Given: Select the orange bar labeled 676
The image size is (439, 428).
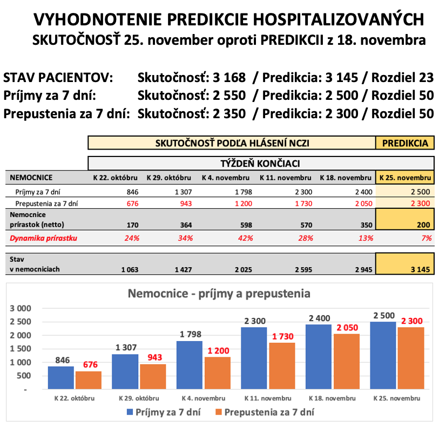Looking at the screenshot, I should point(88,380).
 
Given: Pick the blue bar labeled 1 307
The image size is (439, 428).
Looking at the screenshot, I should point(125,371).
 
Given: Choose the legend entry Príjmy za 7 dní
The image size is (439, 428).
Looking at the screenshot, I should point(167,412).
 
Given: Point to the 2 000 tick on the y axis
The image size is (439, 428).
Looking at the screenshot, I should point(22,335).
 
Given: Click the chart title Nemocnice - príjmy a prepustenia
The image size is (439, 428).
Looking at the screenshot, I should point(219,294).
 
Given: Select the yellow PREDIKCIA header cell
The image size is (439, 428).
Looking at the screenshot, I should point(405,143).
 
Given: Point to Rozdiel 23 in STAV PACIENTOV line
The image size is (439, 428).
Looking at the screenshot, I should point(401,78).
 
